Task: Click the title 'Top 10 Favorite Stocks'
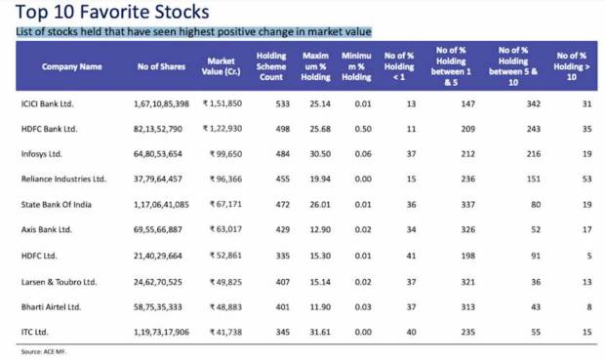112,13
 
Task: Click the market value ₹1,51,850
222,102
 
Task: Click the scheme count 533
275,102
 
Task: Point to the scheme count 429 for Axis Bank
275,229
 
